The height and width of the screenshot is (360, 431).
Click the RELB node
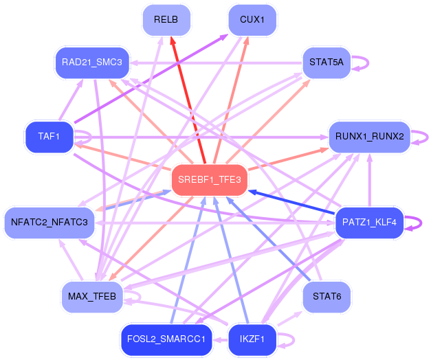click(166, 20)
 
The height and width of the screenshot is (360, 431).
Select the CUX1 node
click(252, 20)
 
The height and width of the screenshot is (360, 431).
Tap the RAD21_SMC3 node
click(92, 63)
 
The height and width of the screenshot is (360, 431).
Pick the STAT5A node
click(327, 63)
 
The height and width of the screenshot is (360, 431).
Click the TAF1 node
click(49, 137)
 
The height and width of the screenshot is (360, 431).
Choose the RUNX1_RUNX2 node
click(369, 137)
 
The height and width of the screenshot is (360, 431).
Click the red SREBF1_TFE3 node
click(210, 180)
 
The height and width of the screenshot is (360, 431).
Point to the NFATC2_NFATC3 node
click(49, 223)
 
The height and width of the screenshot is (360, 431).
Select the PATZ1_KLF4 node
click(369, 223)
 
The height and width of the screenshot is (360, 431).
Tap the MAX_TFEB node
click(92, 297)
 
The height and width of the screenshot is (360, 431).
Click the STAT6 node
click(327, 297)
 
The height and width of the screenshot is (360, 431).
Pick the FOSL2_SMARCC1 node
click(166, 339)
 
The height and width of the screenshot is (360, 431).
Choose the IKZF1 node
click(252, 339)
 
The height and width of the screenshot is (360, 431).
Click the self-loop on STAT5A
click(368, 63)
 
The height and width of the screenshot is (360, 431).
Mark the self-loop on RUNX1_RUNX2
click(428, 137)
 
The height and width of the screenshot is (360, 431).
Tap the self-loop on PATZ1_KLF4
click(421, 223)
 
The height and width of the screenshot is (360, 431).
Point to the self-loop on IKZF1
click(294, 340)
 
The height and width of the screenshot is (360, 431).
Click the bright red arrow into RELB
click(188, 100)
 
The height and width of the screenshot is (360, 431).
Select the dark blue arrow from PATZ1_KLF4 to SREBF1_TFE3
click(292, 202)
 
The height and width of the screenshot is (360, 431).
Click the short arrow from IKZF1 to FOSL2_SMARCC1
click(221, 340)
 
